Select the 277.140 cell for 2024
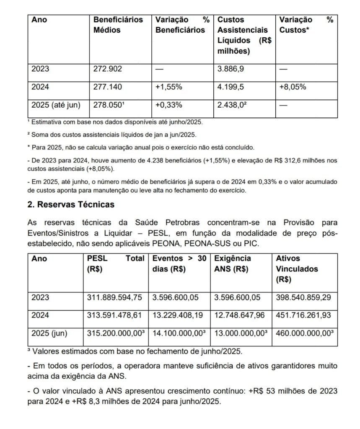tap(108, 87)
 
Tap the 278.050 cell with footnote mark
tap(109, 105)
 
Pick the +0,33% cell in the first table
tap(168, 105)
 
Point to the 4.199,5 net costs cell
tap(231, 87)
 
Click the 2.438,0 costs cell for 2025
tap(232, 105)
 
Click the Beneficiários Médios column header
tap(118, 25)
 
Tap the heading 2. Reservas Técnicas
tap(71, 205)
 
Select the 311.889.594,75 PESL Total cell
tap(114, 297)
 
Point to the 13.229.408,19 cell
tap(178, 315)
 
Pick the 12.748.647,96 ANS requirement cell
tap(239, 315)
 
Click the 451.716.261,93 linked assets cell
tap(304, 315)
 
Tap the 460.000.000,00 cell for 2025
tap(305, 333)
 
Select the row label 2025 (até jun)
tap(55, 105)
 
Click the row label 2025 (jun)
tap(49, 333)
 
